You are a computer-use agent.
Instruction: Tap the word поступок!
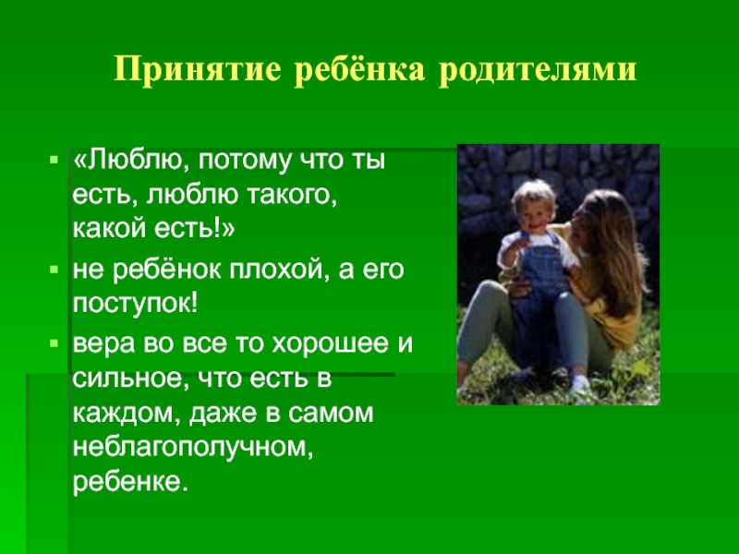[136, 306]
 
